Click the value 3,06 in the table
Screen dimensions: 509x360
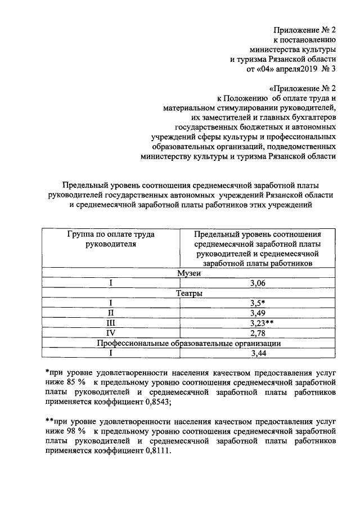[258, 283]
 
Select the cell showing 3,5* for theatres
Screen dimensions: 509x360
[258, 303]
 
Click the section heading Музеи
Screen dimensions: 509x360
[189, 273]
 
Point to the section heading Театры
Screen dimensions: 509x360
[189, 293]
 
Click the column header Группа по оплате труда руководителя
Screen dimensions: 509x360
[111, 239]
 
